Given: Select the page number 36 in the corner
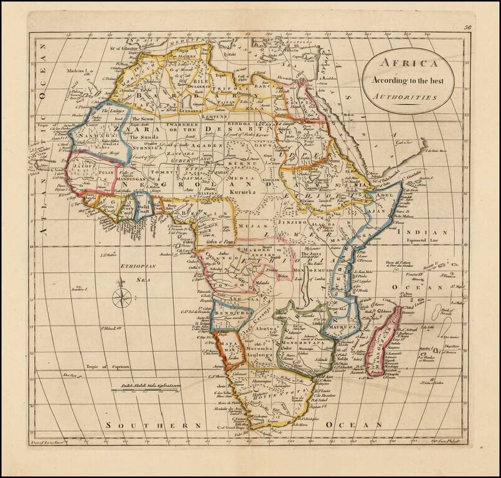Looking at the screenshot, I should click(467, 27).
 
